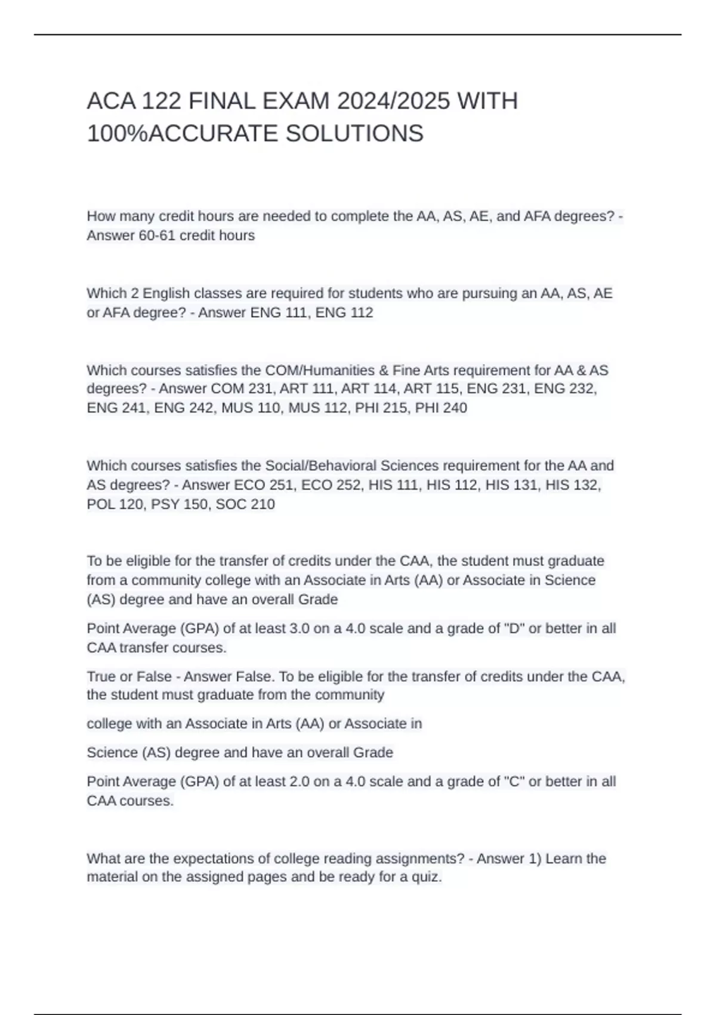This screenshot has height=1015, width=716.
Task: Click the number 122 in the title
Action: coord(161,101)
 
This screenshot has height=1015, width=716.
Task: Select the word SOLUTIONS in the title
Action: coord(354,134)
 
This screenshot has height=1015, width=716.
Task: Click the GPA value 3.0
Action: coord(300,629)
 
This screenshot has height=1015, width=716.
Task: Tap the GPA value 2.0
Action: coord(300,782)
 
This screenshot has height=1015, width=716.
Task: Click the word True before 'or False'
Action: coord(100,677)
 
